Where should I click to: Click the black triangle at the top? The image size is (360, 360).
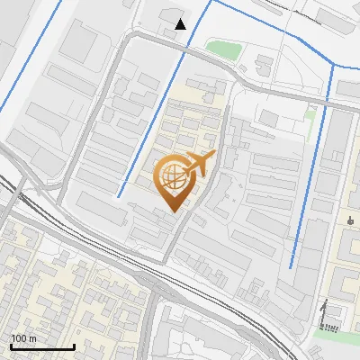click(181, 24)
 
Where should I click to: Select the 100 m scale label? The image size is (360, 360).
click(23, 337)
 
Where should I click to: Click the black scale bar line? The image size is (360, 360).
click(42, 346)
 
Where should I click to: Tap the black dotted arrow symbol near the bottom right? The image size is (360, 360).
click(323, 314)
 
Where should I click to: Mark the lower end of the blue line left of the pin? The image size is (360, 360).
click(118, 195)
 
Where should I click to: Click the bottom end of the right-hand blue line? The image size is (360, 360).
click(292, 267)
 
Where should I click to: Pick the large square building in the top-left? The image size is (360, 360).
click(79, 40)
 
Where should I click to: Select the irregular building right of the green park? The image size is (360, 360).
click(264, 65)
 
